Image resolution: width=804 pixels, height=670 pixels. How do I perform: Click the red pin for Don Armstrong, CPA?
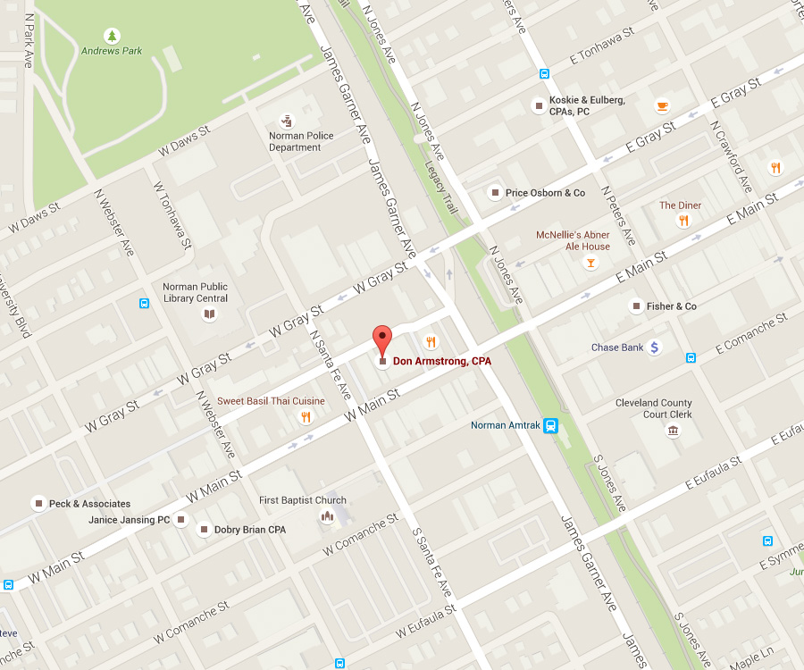point(382,341)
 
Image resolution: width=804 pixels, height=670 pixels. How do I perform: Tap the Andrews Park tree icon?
point(112,36)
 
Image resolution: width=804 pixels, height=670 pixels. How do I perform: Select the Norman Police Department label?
point(301,141)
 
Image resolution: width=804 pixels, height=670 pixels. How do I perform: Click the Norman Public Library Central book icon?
point(209,314)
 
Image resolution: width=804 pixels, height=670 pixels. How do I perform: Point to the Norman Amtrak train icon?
point(551,425)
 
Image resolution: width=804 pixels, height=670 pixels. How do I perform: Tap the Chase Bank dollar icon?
point(655,348)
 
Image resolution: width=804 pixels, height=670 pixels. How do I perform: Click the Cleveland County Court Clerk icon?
point(672,431)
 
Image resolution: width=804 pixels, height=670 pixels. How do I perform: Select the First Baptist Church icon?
point(327,517)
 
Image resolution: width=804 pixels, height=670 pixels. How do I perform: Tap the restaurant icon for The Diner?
point(683,221)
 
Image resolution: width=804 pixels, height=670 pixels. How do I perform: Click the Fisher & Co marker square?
point(636,306)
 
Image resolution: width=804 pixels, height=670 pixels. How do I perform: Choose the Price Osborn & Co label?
point(545,193)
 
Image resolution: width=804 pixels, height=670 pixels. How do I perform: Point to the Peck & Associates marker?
point(38,504)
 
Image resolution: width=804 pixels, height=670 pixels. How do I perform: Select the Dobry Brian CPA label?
point(249,530)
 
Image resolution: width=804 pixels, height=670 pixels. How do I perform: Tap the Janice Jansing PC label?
point(129,520)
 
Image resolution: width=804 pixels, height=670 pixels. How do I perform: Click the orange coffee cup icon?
point(662,105)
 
